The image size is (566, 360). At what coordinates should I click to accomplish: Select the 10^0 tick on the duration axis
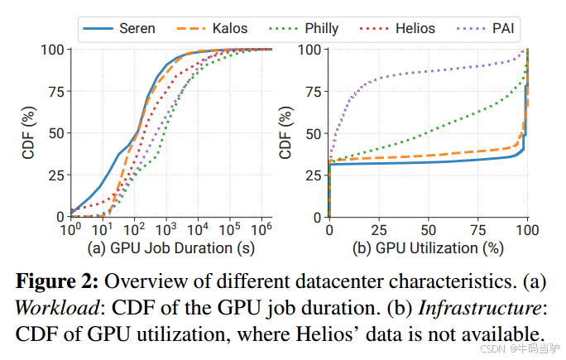(x=72, y=229)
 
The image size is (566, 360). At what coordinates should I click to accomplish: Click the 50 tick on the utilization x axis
(x=429, y=229)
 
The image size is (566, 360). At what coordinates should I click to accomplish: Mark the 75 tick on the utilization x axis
(x=478, y=229)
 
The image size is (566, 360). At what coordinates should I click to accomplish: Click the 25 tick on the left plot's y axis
(x=55, y=175)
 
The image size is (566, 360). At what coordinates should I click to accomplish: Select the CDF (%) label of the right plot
(x=285, y=132)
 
